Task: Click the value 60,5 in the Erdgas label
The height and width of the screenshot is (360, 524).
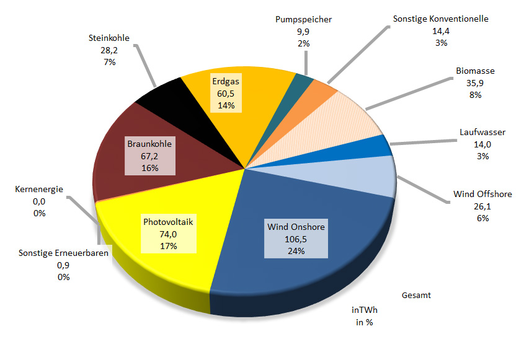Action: [225, 93]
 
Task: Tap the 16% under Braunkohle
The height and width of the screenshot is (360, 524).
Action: [149, 168]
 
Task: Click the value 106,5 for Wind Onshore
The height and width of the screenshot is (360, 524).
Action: [296, 239]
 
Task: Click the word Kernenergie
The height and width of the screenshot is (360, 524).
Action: [38, 190]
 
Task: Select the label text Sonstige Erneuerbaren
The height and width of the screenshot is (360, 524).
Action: [63, 253]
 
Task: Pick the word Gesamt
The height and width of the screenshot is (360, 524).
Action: [416, 296]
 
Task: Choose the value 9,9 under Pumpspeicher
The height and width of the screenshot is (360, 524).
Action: [303, 32]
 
